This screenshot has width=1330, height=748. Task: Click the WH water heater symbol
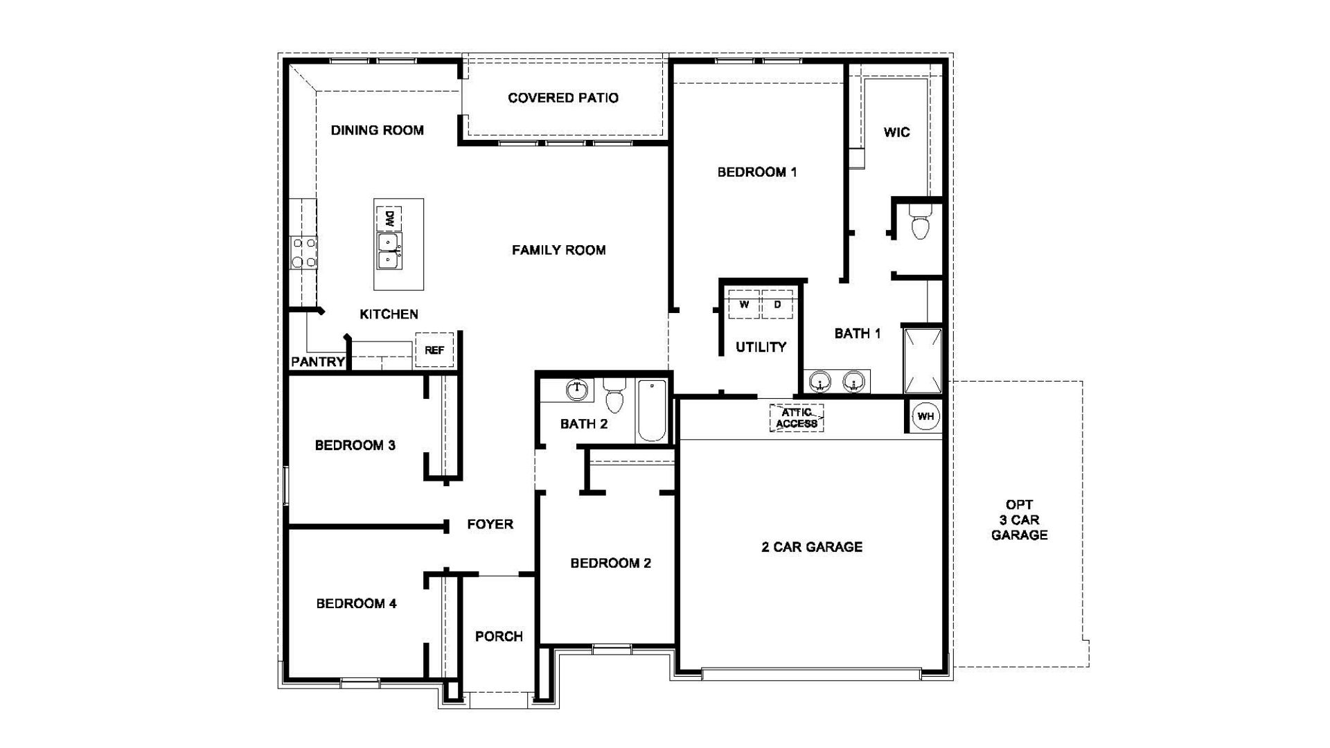pyautogui.click(x=925, y=416)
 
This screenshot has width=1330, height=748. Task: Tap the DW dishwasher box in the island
pyautogui.click(x=389, y=220)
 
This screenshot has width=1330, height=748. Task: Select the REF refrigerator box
pyautogui.click(x=434, y=350)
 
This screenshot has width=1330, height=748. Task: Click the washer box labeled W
pyautogui.click(x=744, y=305)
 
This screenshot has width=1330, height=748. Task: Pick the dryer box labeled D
pyautogui.click(x=777, y=305)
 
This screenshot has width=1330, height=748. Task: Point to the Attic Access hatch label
pyautogui.click(x=797, y=418)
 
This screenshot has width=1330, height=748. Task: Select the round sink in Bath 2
pyautogui.click(x=576, y=390)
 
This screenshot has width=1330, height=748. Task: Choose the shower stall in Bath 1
pyautogui.click(x=923, y=361)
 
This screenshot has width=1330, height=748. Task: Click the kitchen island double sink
pyautogui.click(x=389, y=251)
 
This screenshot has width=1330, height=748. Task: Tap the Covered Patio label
pyautogui.click(x=563, y=98)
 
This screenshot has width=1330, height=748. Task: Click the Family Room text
pyautogui.click(x=559, y=250)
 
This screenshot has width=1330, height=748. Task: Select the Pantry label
pyautogui.click(x=318, y=362)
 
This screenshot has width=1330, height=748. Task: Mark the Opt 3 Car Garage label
pyautogui.click(x=1019, y=520)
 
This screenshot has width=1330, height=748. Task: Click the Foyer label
pyautogui.click(x=490, y=524)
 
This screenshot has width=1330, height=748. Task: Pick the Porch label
pyautogui.click(x=499, y=636)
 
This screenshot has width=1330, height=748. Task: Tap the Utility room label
pyautogui.click(x=761, y=347)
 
